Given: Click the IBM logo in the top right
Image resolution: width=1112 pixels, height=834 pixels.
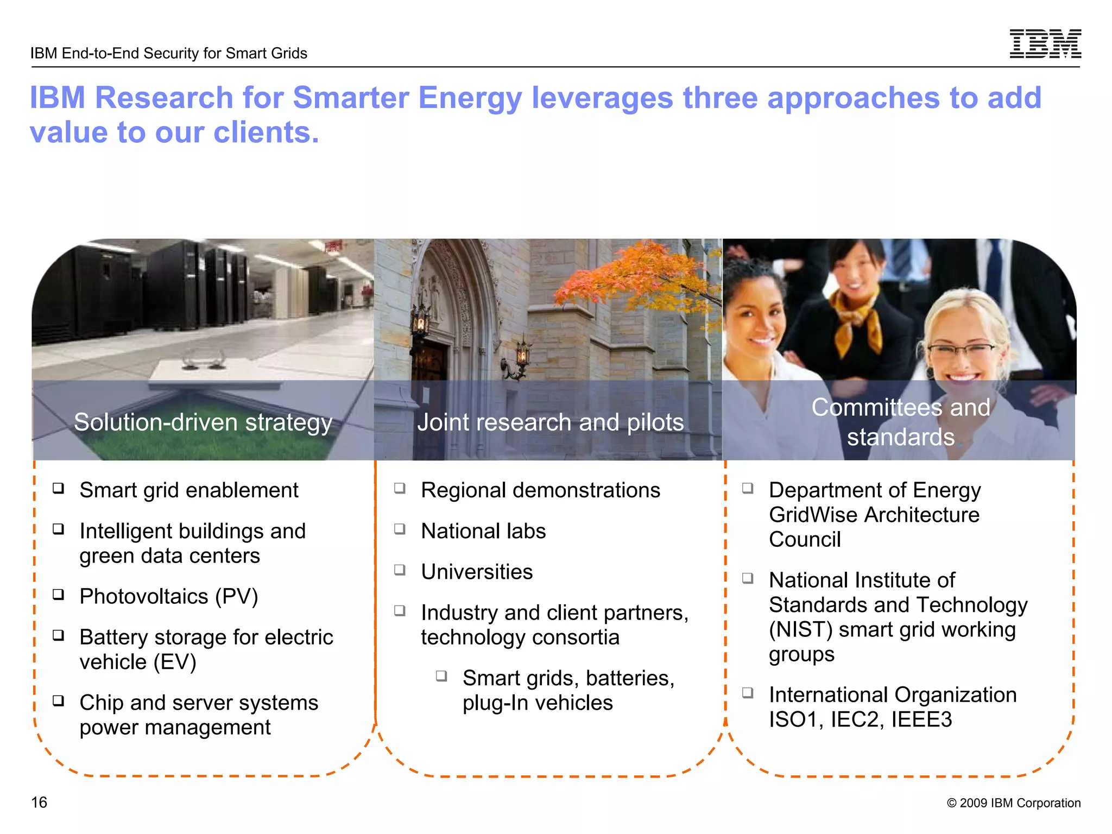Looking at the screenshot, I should (1045, 43).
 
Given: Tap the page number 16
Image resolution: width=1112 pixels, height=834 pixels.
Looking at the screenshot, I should (39, 802).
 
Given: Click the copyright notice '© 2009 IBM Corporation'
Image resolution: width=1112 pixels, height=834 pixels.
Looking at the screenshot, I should (1013, 803).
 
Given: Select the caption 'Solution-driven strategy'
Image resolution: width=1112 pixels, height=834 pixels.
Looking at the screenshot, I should (203, 422).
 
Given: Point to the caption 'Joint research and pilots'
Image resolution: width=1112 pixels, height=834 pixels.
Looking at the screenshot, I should (550, 422).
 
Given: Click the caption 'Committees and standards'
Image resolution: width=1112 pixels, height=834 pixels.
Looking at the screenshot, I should (900, 422).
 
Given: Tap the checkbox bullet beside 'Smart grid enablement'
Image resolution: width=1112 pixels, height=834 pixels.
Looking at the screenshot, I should (59, 488).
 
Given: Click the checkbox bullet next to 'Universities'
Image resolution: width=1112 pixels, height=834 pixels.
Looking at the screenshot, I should (400, 570).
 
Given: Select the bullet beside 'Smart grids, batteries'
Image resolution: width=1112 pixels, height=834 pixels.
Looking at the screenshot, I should (441, 676).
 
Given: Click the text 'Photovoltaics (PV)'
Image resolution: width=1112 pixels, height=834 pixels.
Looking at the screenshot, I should (168, 596).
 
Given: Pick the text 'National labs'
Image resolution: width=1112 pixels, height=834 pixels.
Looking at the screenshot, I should (483, 531).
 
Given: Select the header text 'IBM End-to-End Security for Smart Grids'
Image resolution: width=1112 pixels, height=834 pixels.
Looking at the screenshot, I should (169, 53).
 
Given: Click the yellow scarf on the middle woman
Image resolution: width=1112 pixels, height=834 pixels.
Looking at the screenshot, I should (858, 309).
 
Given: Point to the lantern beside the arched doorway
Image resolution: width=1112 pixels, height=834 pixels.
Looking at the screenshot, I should (420, 320).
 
